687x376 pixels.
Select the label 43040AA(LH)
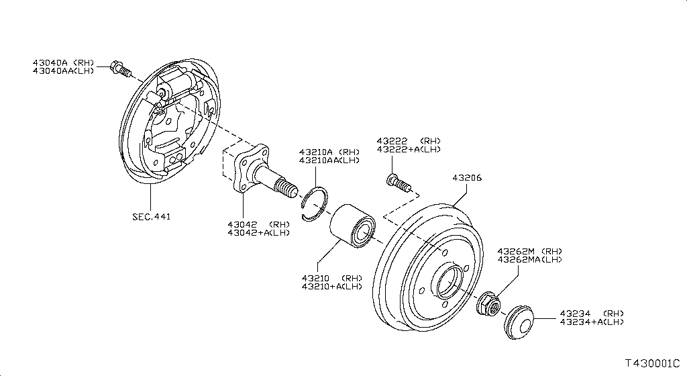click(x=63, y=71)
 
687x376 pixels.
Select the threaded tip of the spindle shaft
click(x=287, y=188)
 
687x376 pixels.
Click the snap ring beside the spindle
click(x=314, y=203)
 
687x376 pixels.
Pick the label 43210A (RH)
click(x=329, y=152)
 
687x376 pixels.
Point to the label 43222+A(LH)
click(x=409, y=149)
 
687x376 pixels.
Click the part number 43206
click(x=467, y=178)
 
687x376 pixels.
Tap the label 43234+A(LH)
click(x=591, y=322)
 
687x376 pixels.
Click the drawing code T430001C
click(x=653, y=363)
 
